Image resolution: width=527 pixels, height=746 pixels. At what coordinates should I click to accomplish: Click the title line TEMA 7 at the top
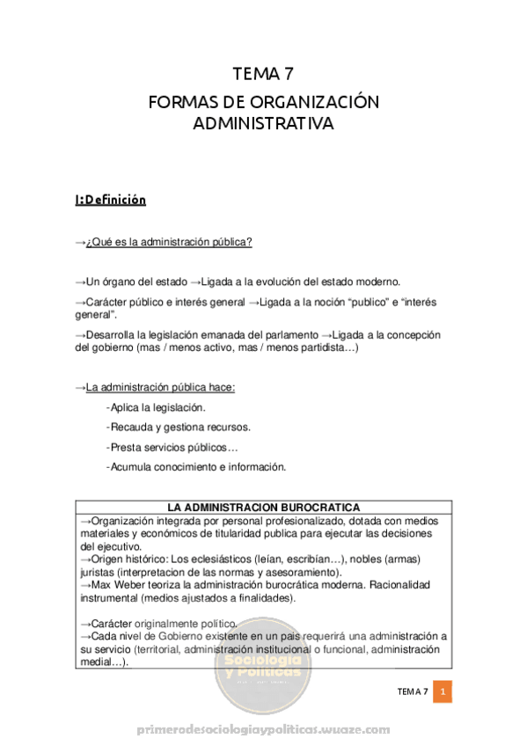pyautogui.click(x=263, y=74)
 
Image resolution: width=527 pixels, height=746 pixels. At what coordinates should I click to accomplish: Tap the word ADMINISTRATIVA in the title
pyautogui.click(x=263, y=124)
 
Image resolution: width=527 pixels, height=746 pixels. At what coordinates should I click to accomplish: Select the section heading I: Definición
pyautogui.click(x=110, y=200)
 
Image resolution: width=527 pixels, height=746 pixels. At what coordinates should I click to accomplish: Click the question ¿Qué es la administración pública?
pyautogui.click(x=169, y=242)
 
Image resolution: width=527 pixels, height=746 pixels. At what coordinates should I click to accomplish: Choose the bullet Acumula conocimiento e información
pyautogui.click(x=199, y=466)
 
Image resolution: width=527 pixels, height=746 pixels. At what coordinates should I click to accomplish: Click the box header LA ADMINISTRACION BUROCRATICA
pyautogui.click(x=263, y=508)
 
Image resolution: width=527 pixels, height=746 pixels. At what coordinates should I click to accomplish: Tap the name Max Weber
pyautogui.click(x=121, y=584)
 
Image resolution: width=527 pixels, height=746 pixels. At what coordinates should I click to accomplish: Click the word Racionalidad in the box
pyautogui.click(x=409, y=584)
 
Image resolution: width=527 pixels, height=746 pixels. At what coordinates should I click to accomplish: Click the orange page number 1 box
pyautogui.click(x=443, y=691)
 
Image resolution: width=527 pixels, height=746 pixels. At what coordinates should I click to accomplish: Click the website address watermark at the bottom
pyautogui.click(x=264, y=729)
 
